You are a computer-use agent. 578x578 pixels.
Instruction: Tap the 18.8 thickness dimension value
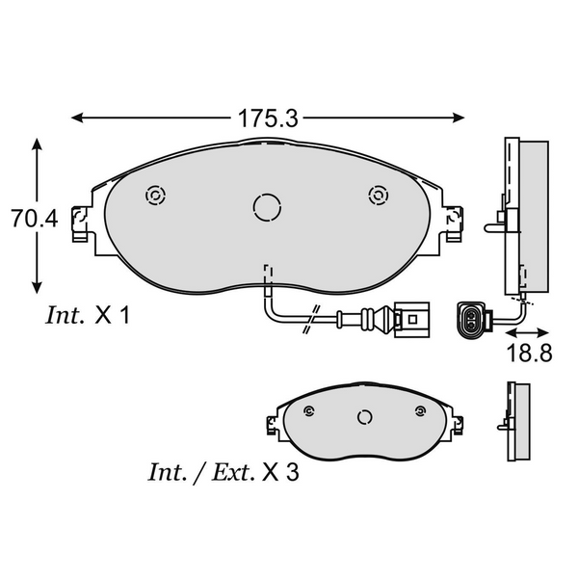[x=529, y=353]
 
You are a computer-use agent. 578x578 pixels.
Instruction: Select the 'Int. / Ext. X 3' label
[x=222, y=473]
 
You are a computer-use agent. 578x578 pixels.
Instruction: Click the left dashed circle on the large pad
[x=152, y=196]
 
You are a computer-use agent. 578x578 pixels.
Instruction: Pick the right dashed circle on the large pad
[x=377, y=196]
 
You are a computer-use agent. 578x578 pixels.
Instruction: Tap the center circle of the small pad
[x=365, y=417]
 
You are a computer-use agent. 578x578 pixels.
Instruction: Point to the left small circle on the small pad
[x=308, y=412]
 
